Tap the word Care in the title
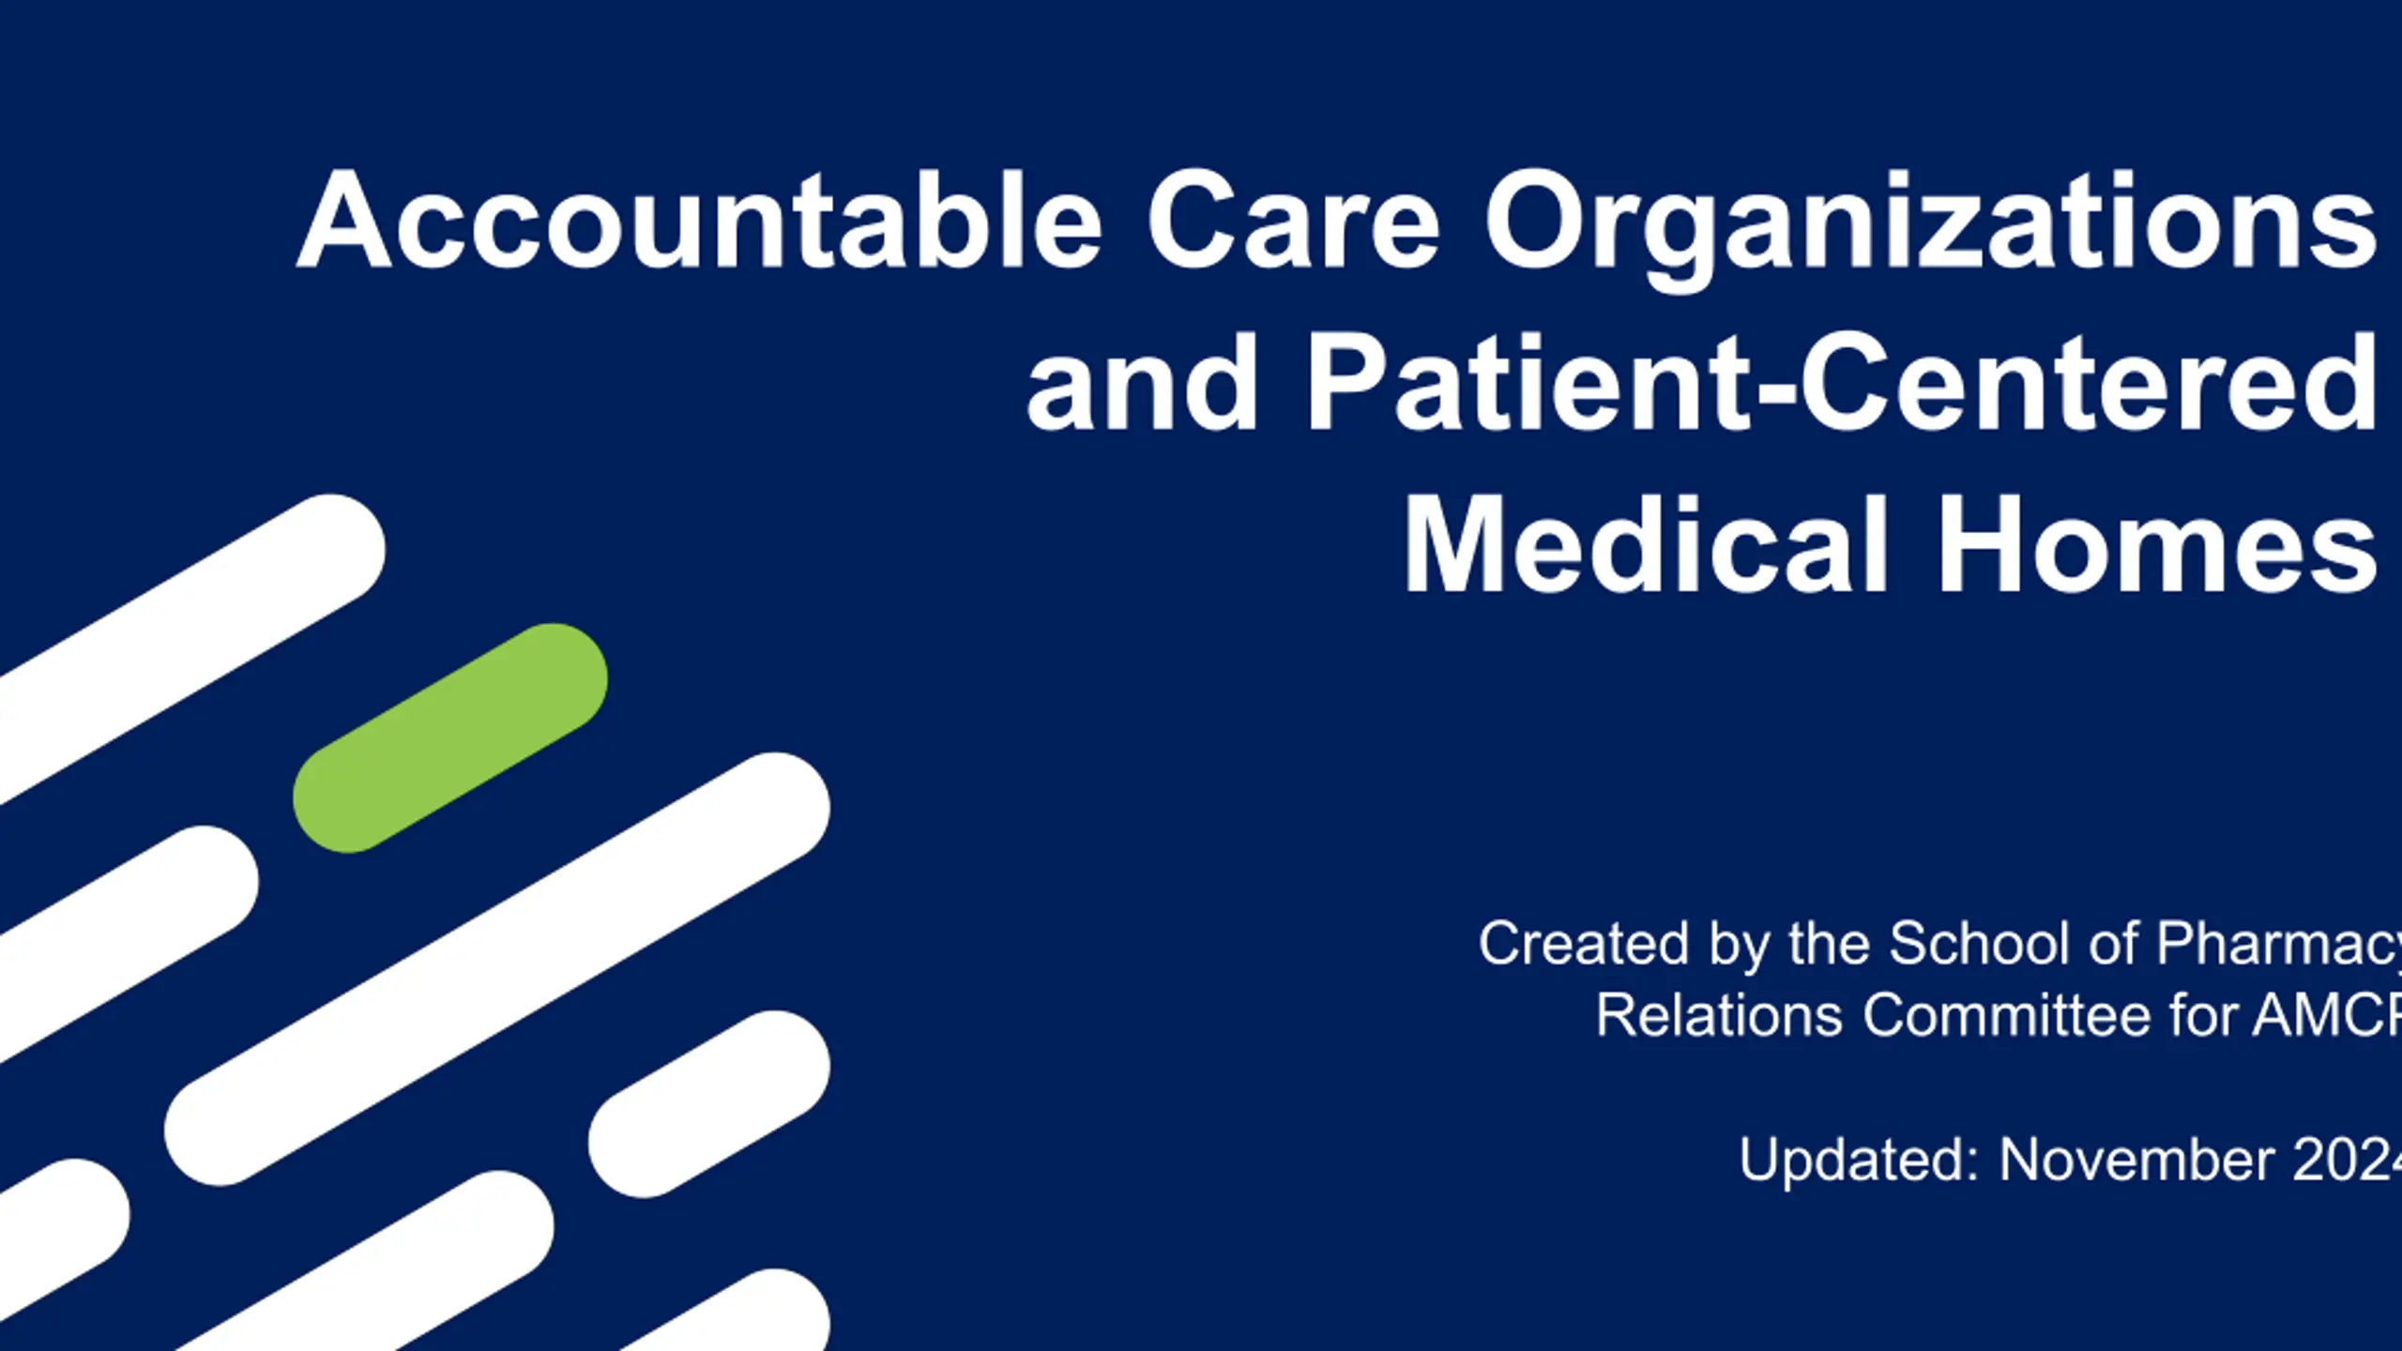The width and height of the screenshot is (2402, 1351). pyautogui.click(x=1293, y=221)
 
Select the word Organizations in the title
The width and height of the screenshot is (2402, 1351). pyautogui.click(x=1930, y=231)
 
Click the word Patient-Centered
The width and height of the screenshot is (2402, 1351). pyautogui.click(x=1841, y=384)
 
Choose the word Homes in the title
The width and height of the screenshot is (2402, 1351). pyautogui.click(x=2157, y=545)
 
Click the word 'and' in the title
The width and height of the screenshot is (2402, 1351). pyautogui.click(x=1142, y=384)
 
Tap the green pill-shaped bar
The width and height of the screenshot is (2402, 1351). pyautogui.click(x=450, y=738)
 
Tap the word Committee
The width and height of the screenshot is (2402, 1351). pyautogui.click(x=2006, y=1015)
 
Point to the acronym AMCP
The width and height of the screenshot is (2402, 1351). pyautogui.click(x=2327, y=1015)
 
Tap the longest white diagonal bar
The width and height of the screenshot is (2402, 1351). pyautogui.click(x=497, y=969)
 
